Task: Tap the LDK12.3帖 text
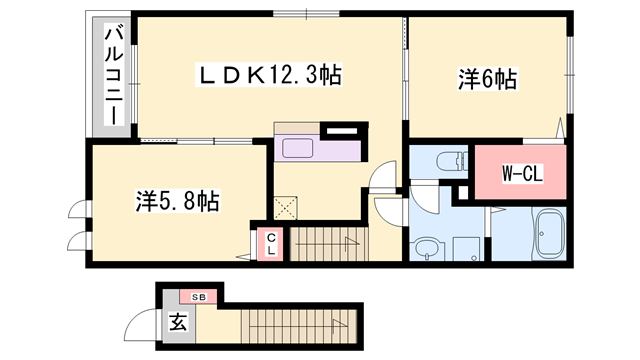269,73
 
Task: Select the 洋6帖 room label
487,79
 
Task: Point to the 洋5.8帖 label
177,201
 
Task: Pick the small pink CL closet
270,243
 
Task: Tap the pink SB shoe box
199,297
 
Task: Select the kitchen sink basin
299,148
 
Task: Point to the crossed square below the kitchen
288,207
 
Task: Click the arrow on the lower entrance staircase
340,322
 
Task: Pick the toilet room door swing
421,196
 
